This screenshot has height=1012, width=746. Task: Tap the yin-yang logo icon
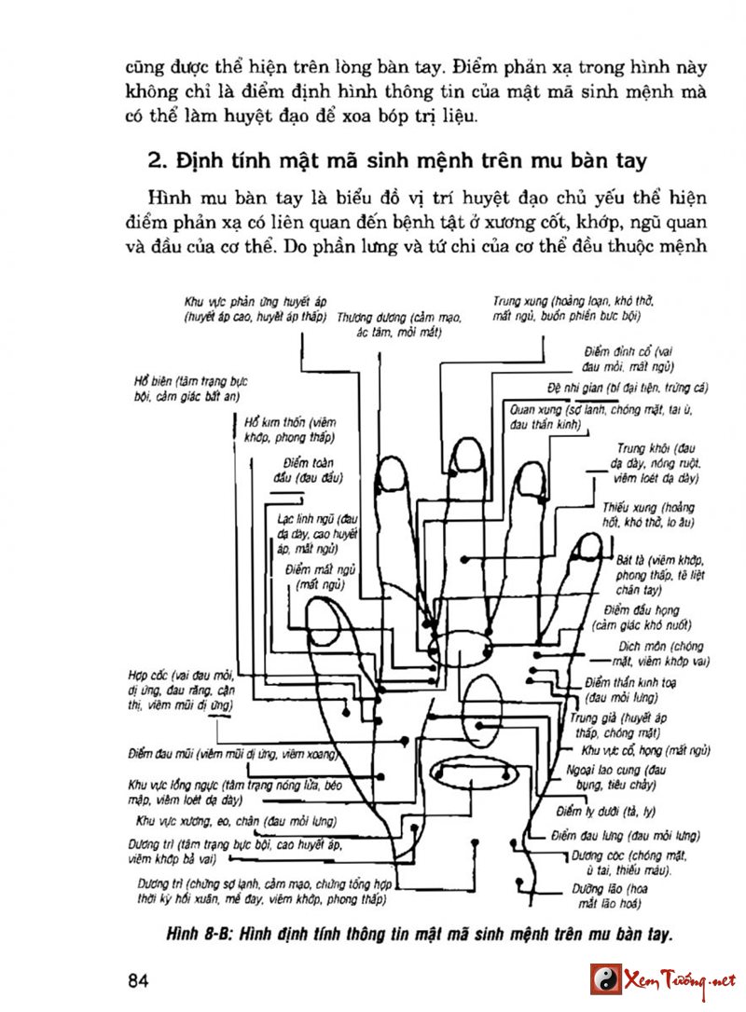[x=605, y=980]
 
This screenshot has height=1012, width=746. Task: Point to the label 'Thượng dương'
[x=367, y=316]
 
